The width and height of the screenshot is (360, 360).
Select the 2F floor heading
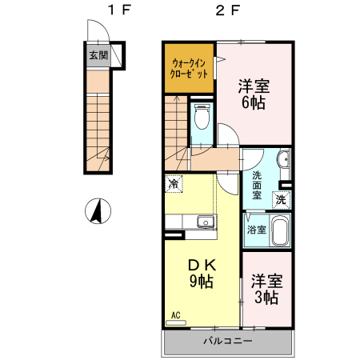click(226, 10)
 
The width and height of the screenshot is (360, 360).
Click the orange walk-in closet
click(190, 68)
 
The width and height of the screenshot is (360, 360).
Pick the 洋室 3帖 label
click(266, 289)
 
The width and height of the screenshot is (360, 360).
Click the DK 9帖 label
click(200, 272)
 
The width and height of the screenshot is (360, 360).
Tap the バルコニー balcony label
click(227, 341)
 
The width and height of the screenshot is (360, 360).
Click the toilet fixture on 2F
click(201, 118)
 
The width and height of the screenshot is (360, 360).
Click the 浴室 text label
click(256, 230)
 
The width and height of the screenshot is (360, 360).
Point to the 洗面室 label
click(258, 184)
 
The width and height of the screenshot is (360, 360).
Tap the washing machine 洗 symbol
click(280, 199)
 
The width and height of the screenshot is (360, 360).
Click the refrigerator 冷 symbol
click(174, 184)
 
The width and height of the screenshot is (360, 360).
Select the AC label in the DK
click(174, 315)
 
